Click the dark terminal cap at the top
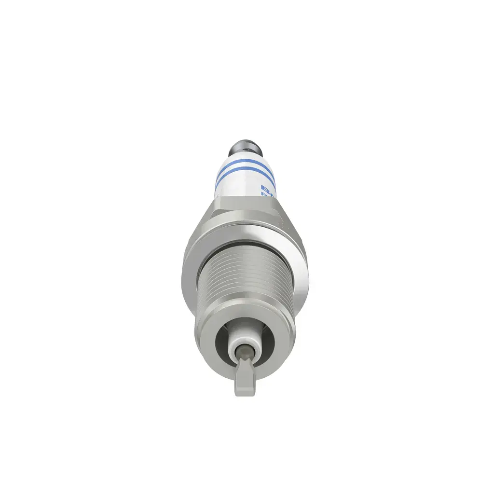(246, 145)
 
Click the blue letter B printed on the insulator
(264, 187)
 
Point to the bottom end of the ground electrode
(245, 393)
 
